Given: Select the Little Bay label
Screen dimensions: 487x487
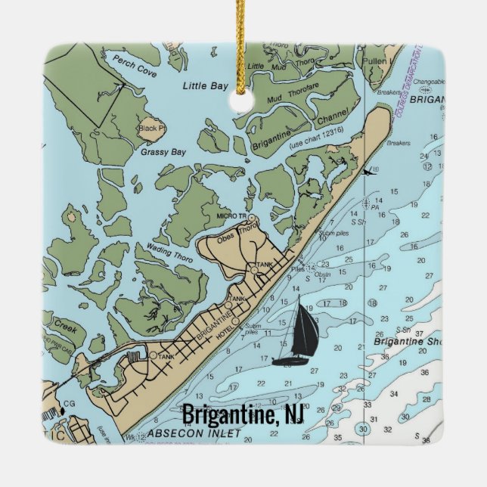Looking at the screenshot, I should click(205, 86).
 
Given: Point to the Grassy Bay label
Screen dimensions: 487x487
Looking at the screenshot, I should click(163, 152).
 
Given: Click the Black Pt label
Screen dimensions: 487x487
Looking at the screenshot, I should click(150, 128).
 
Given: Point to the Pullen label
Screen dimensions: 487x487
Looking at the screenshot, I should click(376, 59).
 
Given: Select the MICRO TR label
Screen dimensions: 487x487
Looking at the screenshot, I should click(231, 217).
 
